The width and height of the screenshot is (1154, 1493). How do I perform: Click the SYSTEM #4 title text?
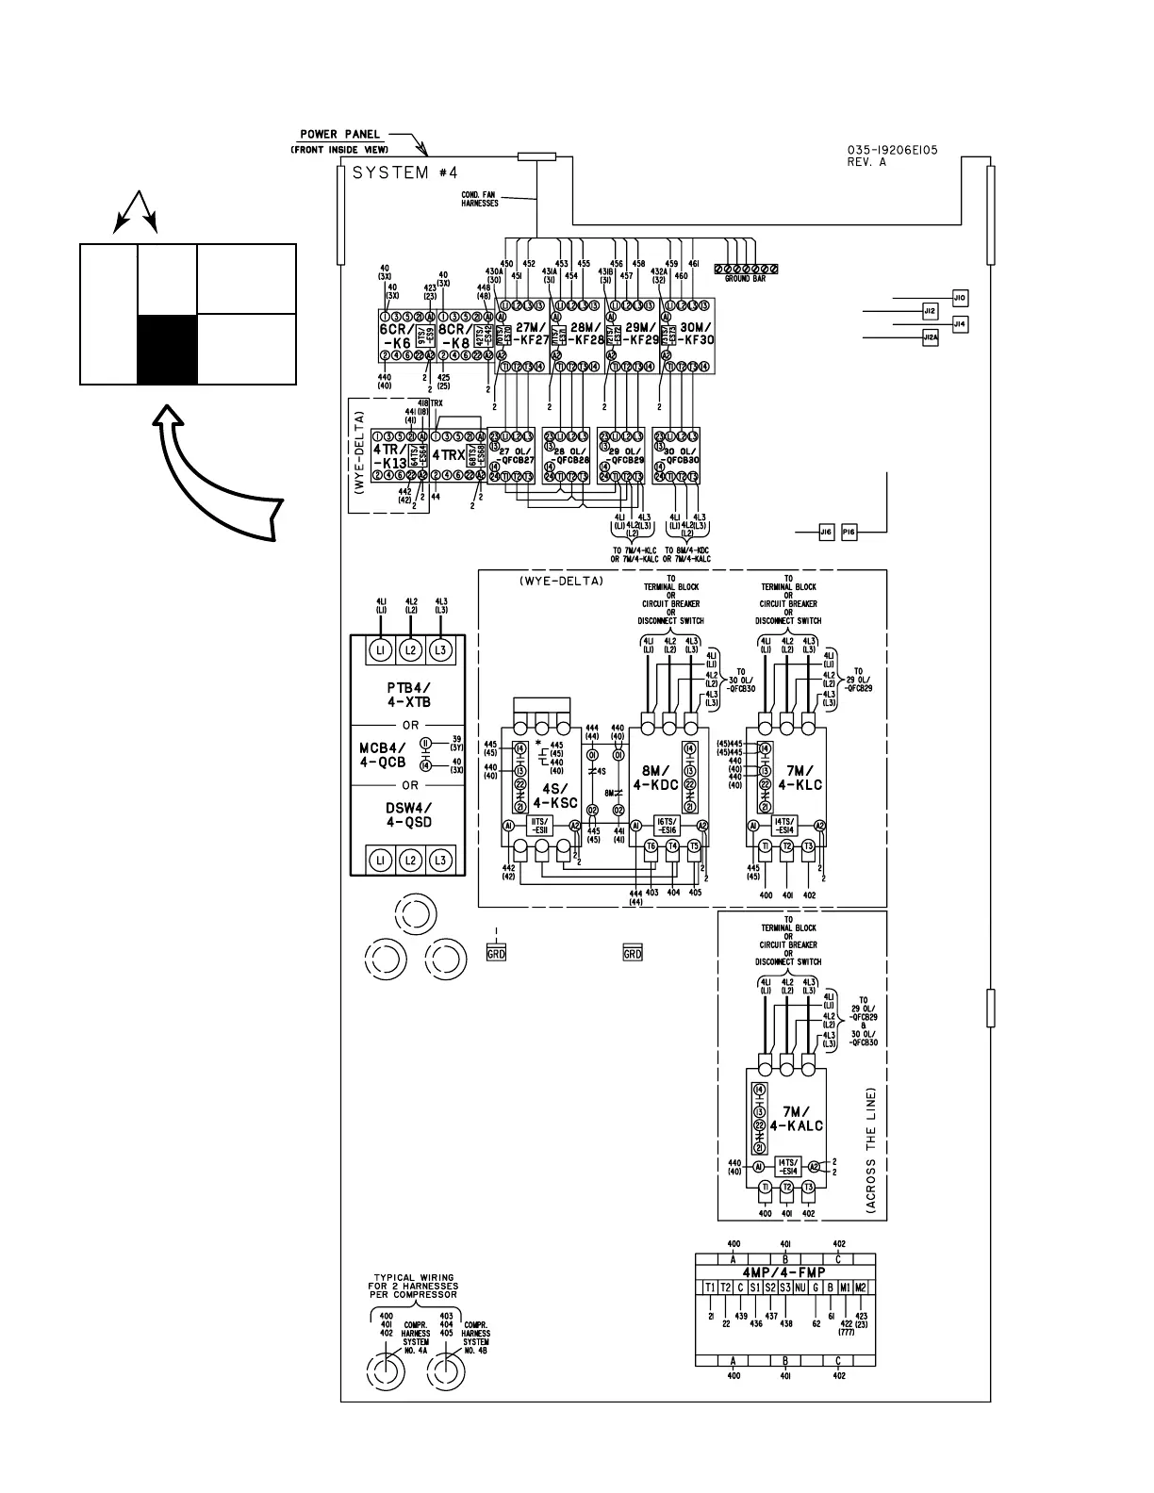click(x=405, y=173)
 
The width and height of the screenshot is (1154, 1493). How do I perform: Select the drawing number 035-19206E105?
click(x=892, y=150)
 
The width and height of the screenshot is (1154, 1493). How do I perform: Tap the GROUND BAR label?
click(x=745, y=279)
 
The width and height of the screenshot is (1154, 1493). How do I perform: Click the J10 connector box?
click(x=960, y=298)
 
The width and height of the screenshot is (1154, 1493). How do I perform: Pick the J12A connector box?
click(x=931, y=336)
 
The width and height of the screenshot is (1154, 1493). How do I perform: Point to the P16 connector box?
click(x=849, y=533)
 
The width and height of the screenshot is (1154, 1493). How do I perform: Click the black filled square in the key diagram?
click(x=167, y=350)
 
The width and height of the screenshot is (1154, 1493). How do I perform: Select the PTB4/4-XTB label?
click(x=410, y=695)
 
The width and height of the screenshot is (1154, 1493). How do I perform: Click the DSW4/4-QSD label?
click(x=409, y=814)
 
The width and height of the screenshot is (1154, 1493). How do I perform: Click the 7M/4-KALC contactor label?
click(x=797, y=1119)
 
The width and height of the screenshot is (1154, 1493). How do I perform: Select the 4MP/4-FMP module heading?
click(x=784, y=1272)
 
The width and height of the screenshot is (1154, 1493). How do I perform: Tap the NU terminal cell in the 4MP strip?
click(x=800, y=1288)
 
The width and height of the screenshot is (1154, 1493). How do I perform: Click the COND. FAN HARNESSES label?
click(x=479, y=200)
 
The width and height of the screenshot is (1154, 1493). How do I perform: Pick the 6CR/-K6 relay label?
click(x=396, y=336)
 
